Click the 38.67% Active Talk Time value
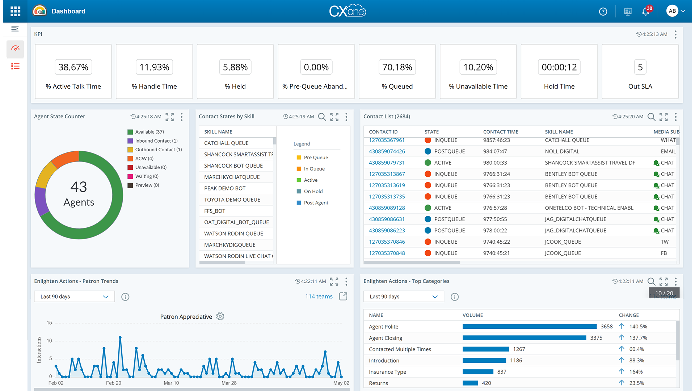(x=73, y=67)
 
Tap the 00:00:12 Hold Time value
(x=559, y=67)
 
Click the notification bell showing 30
(x=646, y=11)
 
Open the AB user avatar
(x=672, y=11)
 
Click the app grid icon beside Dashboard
(x=15, y=11)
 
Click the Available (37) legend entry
(x=149, y=132)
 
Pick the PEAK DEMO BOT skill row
(x=225, y=188)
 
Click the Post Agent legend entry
(x=316, y=203)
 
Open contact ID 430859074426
(x=387, y=151)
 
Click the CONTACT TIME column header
(x=500, y=132)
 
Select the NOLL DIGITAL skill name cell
(x=562, y=151)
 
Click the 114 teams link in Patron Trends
(x=319, y=297)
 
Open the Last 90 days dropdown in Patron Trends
(x=74, y=297)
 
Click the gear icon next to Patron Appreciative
(x=220, y=316)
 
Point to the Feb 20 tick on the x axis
(x=113, y=383)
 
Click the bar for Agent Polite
(x=529, y=327)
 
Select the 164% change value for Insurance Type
(x=636, y=372)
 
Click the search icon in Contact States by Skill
(x=322, y=117)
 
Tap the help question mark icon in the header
(x=603, y=12)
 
